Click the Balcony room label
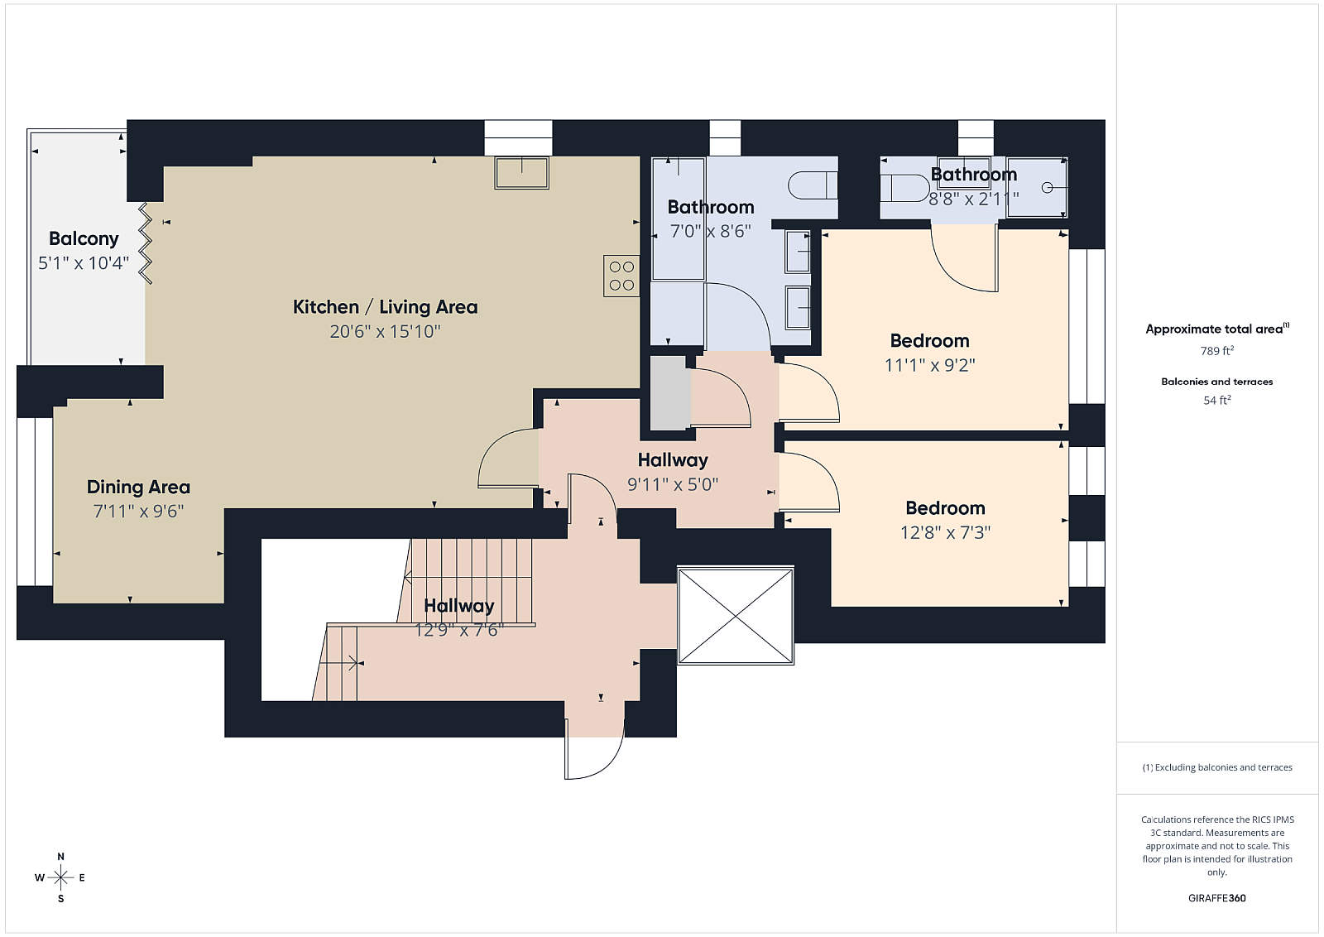pos(84,238)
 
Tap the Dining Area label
pos(138,487)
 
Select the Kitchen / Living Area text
pos(386,307)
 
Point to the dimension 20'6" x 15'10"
pos(386,331)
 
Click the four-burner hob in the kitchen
pos(621,276)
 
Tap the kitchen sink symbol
pos(522,173)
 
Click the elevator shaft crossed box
pos(736,615)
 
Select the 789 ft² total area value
pos(1217,351)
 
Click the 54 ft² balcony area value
pos(1217,401)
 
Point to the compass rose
pos(61,878)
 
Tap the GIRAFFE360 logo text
pos(1217,898)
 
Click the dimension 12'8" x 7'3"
pos(945,532)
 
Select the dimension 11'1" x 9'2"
pos(930,365)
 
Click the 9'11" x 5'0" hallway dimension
pos(673,485)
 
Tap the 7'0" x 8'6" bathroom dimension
pos(711,231)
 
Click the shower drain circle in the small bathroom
pos(1047,187)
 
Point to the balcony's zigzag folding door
pos(146,243)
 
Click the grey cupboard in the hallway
pos(670,393)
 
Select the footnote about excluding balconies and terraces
pos(1217,767)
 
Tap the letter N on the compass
pos(61,857)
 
